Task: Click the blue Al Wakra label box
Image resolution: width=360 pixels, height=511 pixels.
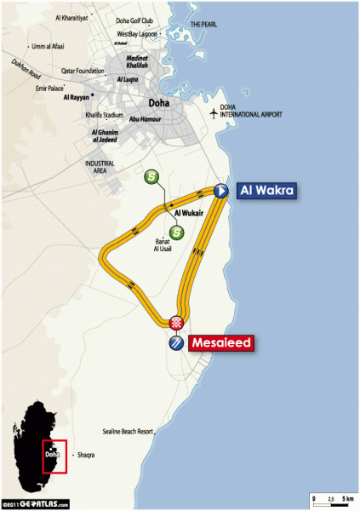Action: (x=266, y=192)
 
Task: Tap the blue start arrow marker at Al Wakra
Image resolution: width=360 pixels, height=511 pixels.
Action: (x=220, y=192)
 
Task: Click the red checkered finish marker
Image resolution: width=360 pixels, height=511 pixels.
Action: (x=176, y=322)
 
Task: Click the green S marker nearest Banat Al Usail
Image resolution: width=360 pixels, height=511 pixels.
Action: (x=176, y=232)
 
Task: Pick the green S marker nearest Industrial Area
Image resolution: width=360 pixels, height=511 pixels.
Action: (x=151, y=176)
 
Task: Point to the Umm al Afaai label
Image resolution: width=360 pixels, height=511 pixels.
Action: (x=49, y=46)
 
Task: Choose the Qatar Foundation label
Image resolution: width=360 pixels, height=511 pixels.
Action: (x=83, y=72)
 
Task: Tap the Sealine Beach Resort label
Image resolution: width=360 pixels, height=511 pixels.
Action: (x=127, y=431)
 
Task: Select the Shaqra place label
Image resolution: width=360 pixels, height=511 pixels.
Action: (x=85, y=456)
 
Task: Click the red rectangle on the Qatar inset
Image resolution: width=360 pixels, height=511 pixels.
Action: (x=54, y=456)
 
